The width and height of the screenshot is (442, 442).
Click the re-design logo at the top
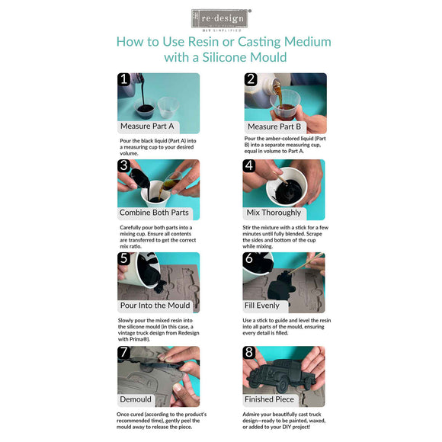coord(220,18)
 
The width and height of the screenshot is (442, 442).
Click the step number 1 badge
coord(123,79)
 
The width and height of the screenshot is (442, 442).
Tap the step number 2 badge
coord(250,79)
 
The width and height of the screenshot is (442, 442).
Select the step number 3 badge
coord(123,165)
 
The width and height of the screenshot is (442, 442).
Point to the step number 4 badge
coord(249,165)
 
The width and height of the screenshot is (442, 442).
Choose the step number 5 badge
coord(123,258)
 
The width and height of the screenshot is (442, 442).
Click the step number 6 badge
coord(249,258)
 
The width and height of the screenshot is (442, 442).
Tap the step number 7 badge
coord(123,353)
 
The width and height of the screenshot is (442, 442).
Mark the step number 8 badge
coord(249,353)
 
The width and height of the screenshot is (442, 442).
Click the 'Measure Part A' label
coord(147,126)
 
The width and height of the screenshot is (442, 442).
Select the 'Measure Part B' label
coord(274,126)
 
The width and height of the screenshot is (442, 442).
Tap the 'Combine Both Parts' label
coord(154,213)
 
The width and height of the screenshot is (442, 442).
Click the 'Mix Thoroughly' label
coord(274,213)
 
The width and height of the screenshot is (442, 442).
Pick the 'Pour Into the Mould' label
coord(155,306)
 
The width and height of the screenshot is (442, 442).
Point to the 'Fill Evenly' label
coord(263,306)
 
